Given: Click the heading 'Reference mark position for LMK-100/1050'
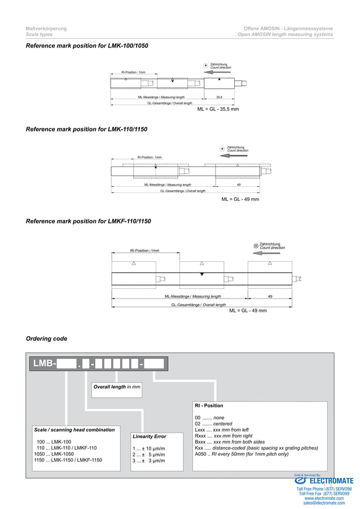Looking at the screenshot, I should coord(87,45).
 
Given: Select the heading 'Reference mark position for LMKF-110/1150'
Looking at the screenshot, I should coord(89,221).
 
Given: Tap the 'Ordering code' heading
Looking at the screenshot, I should coord(46,339).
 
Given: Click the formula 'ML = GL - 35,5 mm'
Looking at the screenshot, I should coord(218,109).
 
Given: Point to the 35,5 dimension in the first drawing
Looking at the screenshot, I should coord(219,97).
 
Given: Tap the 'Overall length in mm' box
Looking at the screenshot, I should coord(117,387).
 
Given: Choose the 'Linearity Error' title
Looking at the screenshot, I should coord(149,437).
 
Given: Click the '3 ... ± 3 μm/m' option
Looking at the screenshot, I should coord(148,461).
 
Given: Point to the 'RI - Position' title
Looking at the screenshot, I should coord(209,406).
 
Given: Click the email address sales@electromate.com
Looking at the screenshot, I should coord(324,503).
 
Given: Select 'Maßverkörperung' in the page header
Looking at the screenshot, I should coord(46,28).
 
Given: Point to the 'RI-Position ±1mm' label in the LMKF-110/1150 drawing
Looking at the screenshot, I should coord(144,251).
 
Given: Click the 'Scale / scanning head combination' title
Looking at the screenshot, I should coord(74,430).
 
